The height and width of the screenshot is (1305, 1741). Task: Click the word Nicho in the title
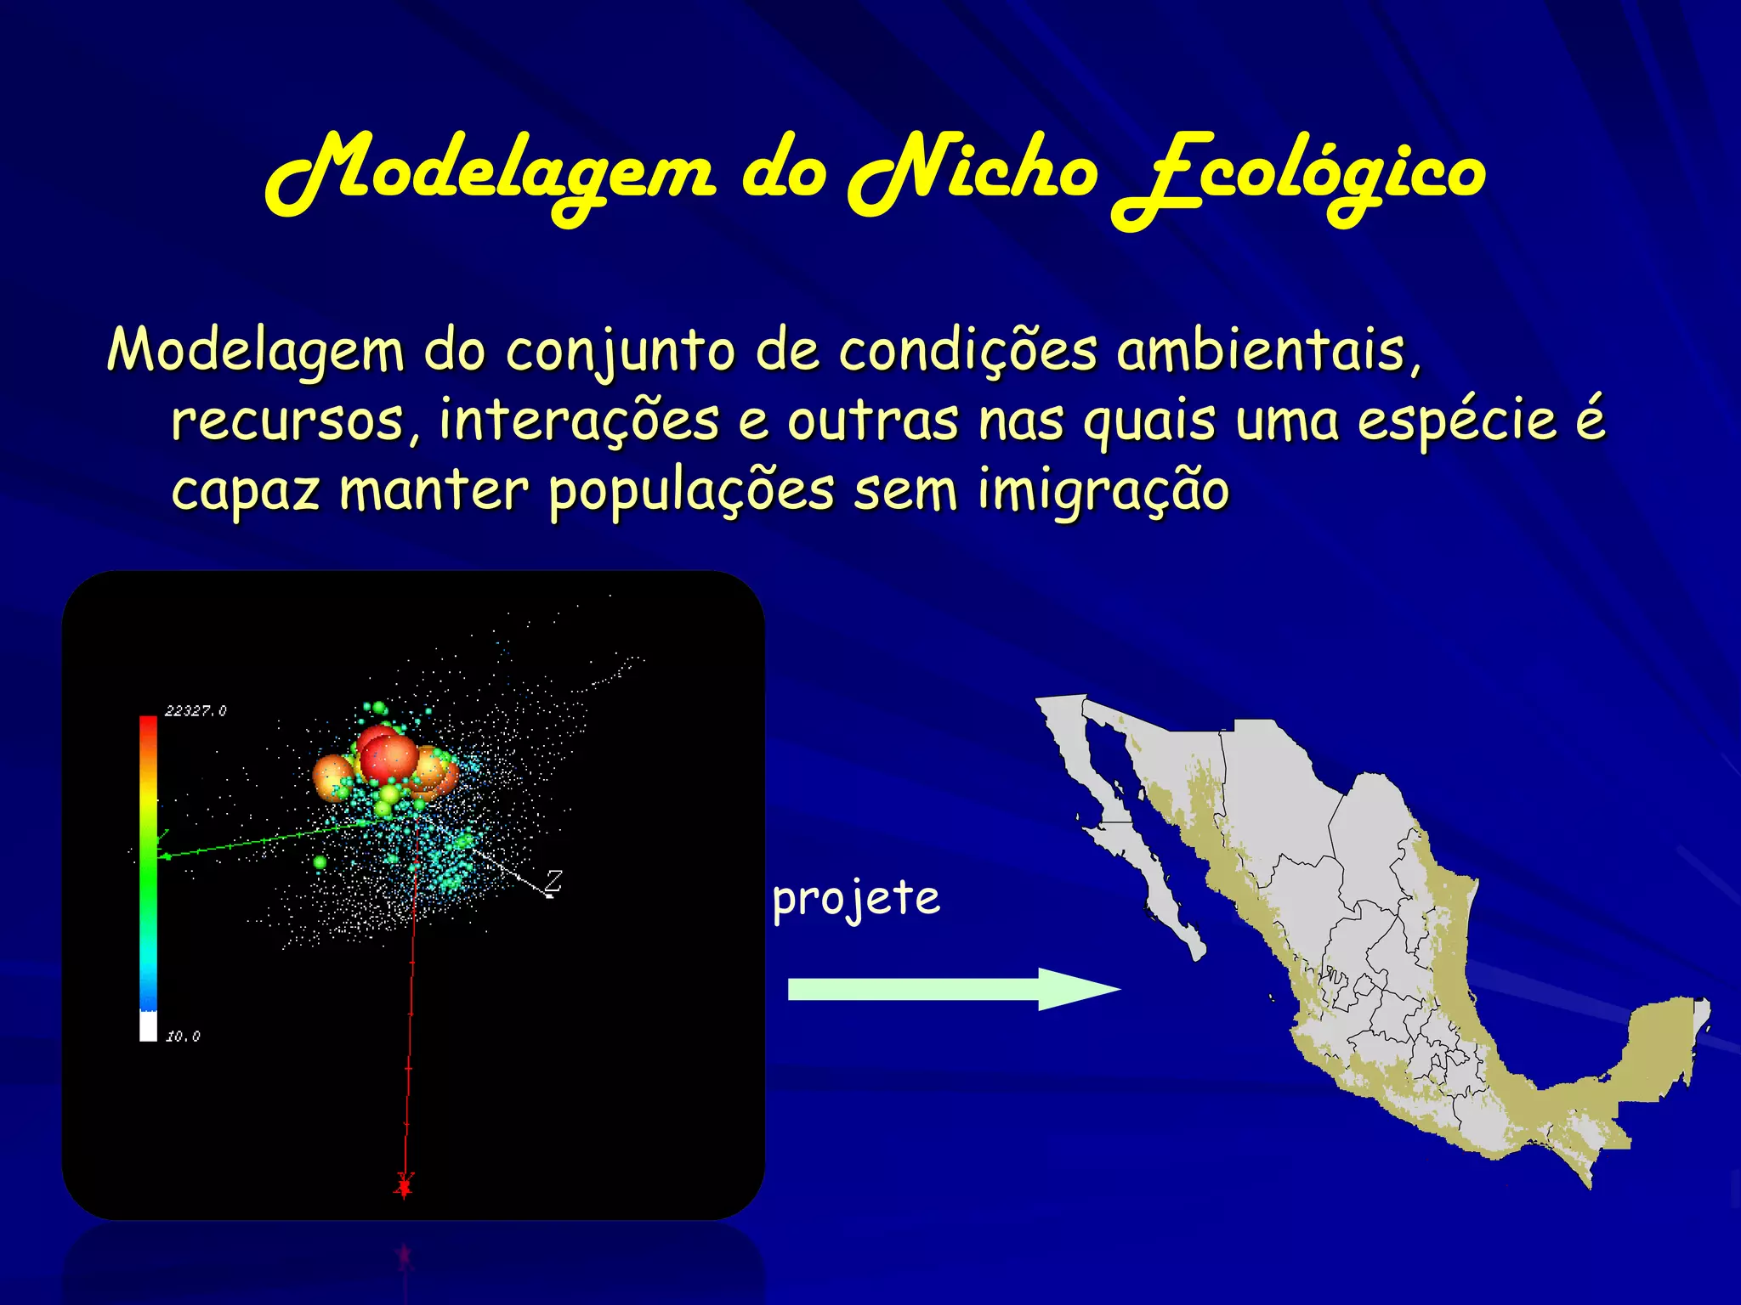tap(973, 174)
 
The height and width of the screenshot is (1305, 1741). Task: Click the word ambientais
tap(1267, 351)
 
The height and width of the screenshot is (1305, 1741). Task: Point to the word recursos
tap(294, 421)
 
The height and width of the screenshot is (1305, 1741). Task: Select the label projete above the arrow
tap(856, 899)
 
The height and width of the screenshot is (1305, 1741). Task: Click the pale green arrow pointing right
tap(952, 989)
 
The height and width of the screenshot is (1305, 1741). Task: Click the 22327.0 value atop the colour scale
tap(196, 711)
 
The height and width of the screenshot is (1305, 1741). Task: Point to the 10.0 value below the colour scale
tap(183, 1037)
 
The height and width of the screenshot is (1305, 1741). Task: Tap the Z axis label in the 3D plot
tap(554, 880)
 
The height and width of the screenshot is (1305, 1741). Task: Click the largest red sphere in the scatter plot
tap(388, 758)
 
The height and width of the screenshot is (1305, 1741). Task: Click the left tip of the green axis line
tap(164, 856)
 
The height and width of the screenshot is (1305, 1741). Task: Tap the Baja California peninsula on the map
tap(1131, 850)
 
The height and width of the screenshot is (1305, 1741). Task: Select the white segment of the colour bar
tap(148, 1026)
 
